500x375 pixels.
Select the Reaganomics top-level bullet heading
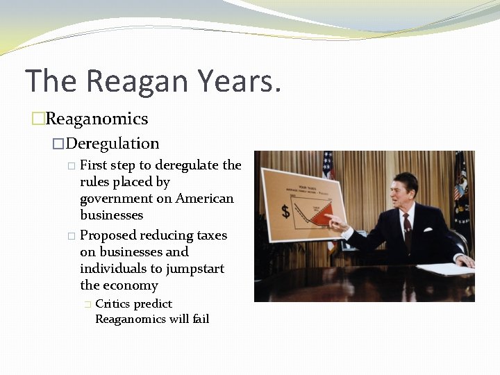(x=97, y=119)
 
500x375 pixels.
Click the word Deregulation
(x=112, y=144)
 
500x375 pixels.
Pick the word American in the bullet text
(x=205, y=199)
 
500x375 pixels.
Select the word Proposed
(x=110, y=235)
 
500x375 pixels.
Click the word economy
(x=131, y=285)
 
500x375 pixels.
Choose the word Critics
(x=112, y=303)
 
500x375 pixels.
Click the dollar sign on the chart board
(x=285, y=210)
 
